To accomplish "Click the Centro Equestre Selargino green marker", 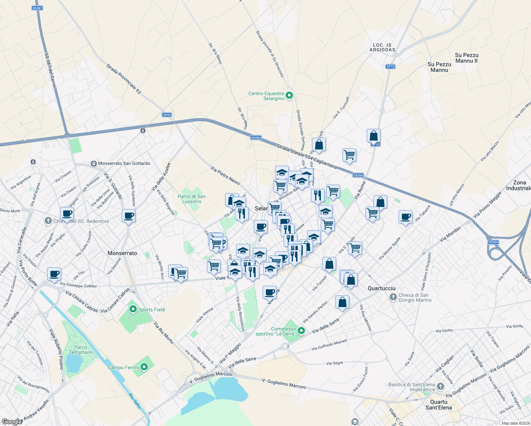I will [x=289, y=95].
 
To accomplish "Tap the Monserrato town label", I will [x=122, y=253].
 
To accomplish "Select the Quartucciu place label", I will [x=382, y=288].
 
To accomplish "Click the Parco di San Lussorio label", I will [x=192, y=199].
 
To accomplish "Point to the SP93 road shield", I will [x=167, y=115].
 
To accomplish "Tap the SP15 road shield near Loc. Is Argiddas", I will [x=390, y=66].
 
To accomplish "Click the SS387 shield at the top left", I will [x=37, y=8].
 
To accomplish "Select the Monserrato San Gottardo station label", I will [x=124, y=163].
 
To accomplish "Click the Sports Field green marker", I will [x=133, y=309].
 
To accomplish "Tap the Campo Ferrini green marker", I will [x=144, y=367].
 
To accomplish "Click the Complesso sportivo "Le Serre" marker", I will [x=301, y=331].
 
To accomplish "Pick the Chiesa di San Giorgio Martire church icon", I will [x=393, y=297].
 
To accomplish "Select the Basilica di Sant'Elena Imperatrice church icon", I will [x=440, y=386].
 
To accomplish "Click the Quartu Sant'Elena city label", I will [x=439, y=405].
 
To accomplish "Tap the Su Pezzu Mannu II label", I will [x=466, y=58].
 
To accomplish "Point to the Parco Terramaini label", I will [x=81, y=350].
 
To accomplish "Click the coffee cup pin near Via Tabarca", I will [x=405, y=217].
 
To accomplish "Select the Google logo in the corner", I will [x=12, y=421].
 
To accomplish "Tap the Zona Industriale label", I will [x=519, y=185].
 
